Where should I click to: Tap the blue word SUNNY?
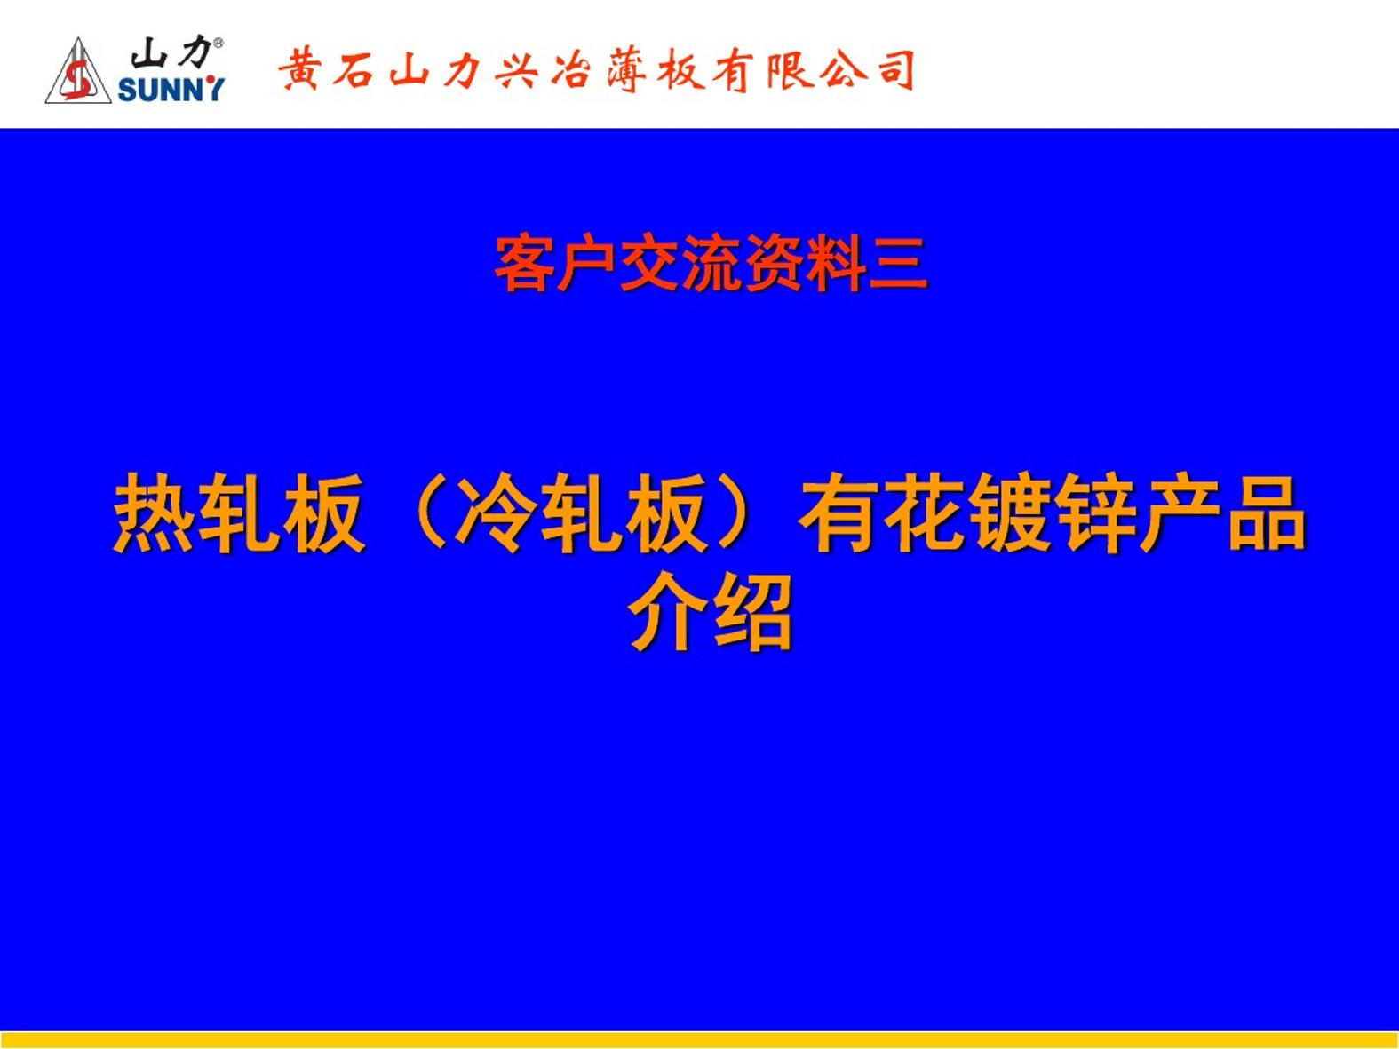point(171,90)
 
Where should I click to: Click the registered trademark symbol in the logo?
point(219,44)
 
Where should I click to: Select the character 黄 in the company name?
point(298,70)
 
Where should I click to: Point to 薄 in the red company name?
point(626,70)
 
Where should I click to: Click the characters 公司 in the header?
point(868,70)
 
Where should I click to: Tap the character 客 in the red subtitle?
point(524,263)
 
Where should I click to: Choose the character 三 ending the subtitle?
point(898,263)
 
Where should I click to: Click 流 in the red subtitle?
point(711,263)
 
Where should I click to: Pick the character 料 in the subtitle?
point(836,263)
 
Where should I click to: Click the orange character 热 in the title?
point(154,513)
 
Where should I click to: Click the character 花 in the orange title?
point(925,513)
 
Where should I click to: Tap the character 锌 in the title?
point(1095,513)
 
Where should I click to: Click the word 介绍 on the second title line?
point(710,612)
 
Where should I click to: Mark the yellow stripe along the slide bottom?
point(699,1040)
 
